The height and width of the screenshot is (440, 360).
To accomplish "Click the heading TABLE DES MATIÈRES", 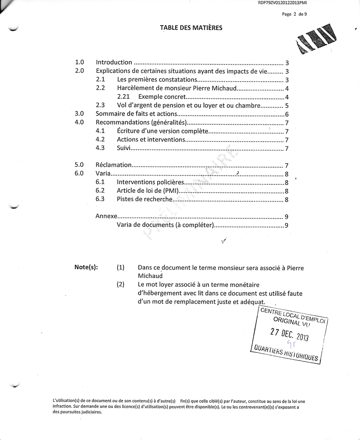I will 191,28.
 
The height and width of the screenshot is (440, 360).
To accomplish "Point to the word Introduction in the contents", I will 114,62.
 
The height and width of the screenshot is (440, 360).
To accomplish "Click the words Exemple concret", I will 162,97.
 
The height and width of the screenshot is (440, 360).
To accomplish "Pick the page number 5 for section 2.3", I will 287,106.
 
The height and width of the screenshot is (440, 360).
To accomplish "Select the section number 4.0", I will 79,122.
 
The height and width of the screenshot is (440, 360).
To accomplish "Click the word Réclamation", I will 114,165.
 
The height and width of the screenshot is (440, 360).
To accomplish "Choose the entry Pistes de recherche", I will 144,199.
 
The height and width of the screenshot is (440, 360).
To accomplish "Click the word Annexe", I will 106,216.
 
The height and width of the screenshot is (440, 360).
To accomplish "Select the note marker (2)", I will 120,284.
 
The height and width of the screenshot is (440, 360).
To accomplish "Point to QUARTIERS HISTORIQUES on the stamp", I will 285,352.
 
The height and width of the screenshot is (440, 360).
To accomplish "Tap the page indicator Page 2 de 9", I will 294,14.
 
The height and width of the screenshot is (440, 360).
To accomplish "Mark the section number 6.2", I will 100,191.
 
